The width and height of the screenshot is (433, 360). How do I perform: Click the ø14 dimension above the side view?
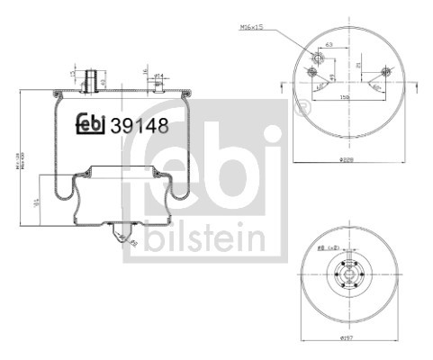[158, 75]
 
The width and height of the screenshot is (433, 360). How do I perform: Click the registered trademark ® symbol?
[302, 109]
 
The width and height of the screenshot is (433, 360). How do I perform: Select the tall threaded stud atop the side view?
[90, 79]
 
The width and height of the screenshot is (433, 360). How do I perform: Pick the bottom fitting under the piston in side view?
[119, 236]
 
